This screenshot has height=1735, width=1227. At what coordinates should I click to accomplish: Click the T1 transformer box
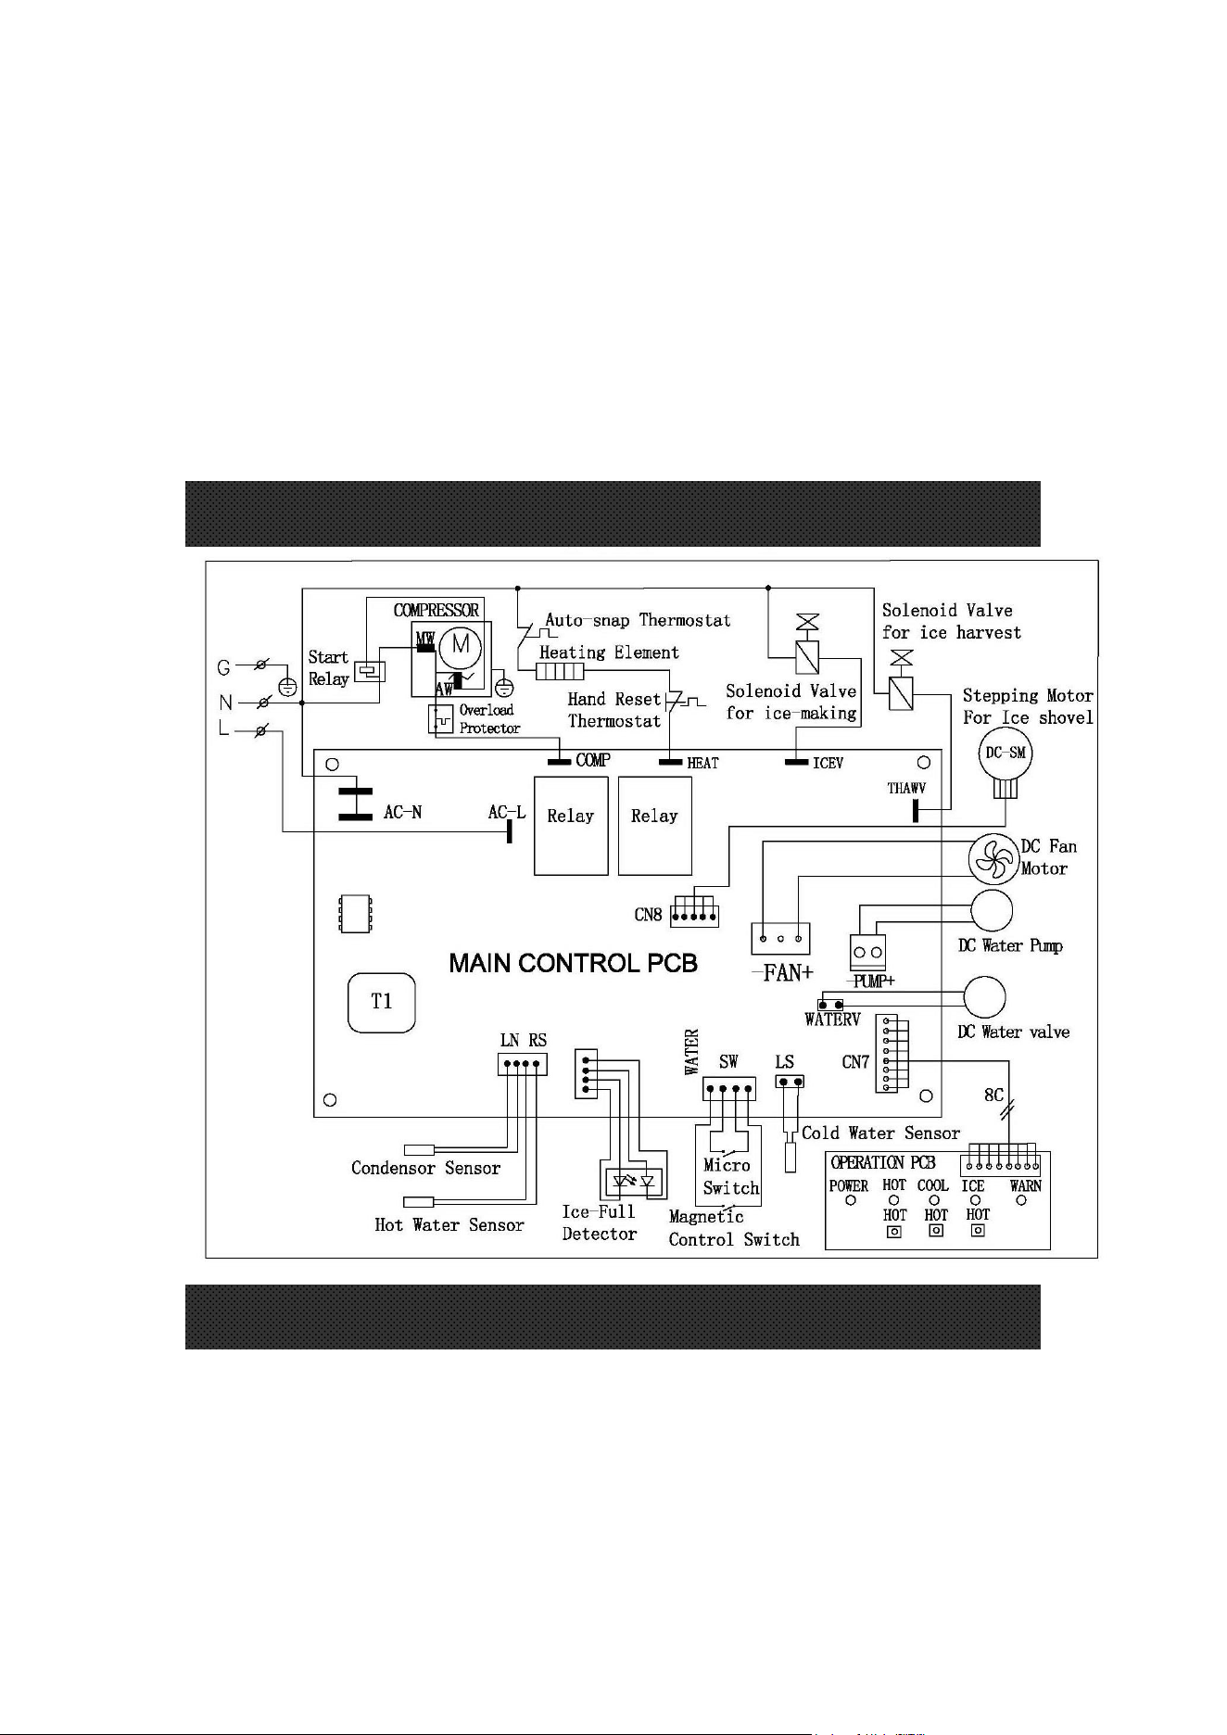[382, 1002]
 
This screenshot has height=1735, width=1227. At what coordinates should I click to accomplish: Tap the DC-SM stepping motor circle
[1006, 754]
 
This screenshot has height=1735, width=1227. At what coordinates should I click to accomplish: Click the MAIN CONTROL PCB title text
[573, 964]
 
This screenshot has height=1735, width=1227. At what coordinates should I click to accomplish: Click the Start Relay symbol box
[370, 671]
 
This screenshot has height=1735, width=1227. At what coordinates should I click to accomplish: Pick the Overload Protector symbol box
[441, 719]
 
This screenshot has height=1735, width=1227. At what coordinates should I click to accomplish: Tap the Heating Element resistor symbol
[560, 672]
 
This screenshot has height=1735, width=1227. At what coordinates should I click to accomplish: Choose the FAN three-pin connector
[780, 939]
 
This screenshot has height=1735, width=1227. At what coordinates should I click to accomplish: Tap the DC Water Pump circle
[992, 911]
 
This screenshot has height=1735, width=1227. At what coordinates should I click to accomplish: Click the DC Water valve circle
[984, 997]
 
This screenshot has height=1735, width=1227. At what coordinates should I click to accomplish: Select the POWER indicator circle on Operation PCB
[851, 1201]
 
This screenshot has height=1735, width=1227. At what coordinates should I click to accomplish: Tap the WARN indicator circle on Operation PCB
[1021, 1200]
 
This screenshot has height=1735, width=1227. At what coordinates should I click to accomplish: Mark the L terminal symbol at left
[261, 732]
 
